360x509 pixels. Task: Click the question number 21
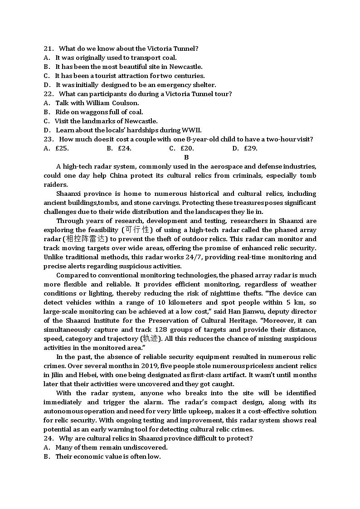48,48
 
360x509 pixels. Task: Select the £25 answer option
62,148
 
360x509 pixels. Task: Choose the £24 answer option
125,148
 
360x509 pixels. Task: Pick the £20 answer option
187,148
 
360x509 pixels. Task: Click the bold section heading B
186,157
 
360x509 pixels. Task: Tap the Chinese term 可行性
137,230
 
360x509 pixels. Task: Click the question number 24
48,438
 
